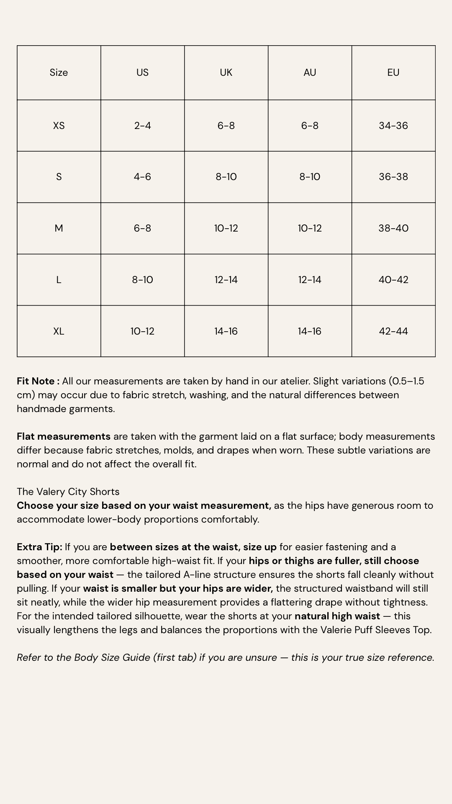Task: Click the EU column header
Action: coord(393,72)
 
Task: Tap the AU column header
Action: coord(310,72)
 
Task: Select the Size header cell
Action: coord(59,72)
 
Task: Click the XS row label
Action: coord(59,126)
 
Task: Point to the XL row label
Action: coord(59,331)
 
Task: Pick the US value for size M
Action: coord(142,228)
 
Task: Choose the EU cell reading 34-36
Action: coord(393,126)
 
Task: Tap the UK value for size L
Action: coord(226,280)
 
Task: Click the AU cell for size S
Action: coord(310,177)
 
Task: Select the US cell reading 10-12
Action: coord(142,331)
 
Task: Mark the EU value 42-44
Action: coord(393,331)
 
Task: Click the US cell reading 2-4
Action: coord(142,126)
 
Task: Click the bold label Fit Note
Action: coord(38,381)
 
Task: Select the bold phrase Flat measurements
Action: coord(64,436)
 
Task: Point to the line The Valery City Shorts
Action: coord(68,492)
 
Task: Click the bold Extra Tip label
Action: coord(39,547)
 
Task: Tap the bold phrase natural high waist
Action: coord(337,616)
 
